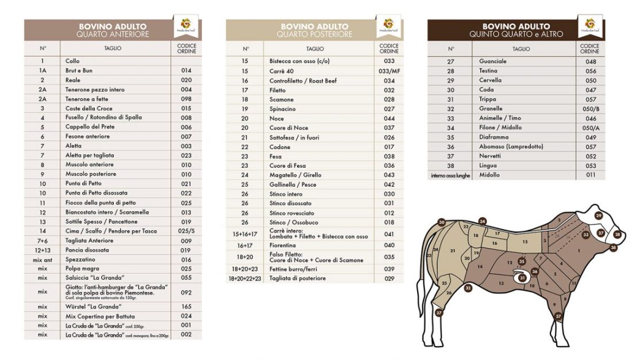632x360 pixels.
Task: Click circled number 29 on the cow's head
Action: [x=598, y=216]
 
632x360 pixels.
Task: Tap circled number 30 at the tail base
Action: [x=441, y=222]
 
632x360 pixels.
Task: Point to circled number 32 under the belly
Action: [x=468, y=288]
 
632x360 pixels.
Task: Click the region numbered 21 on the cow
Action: [x=453, y=250]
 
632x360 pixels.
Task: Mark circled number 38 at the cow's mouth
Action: [x=614, y=247]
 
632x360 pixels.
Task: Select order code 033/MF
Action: [x=389, y=71]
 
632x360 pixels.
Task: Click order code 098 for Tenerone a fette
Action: [x=186, y=99]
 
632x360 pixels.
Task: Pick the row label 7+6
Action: [x=43, y=240]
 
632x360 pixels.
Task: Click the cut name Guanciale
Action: [x=493, y=61]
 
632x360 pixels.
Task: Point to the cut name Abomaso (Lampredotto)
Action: [x=511, y=146]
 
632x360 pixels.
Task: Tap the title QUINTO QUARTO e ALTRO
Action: [x=515, y=34]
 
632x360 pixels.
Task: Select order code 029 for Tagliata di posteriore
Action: [x=389, y=278]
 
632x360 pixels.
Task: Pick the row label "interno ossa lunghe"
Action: [x=450, y=175]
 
